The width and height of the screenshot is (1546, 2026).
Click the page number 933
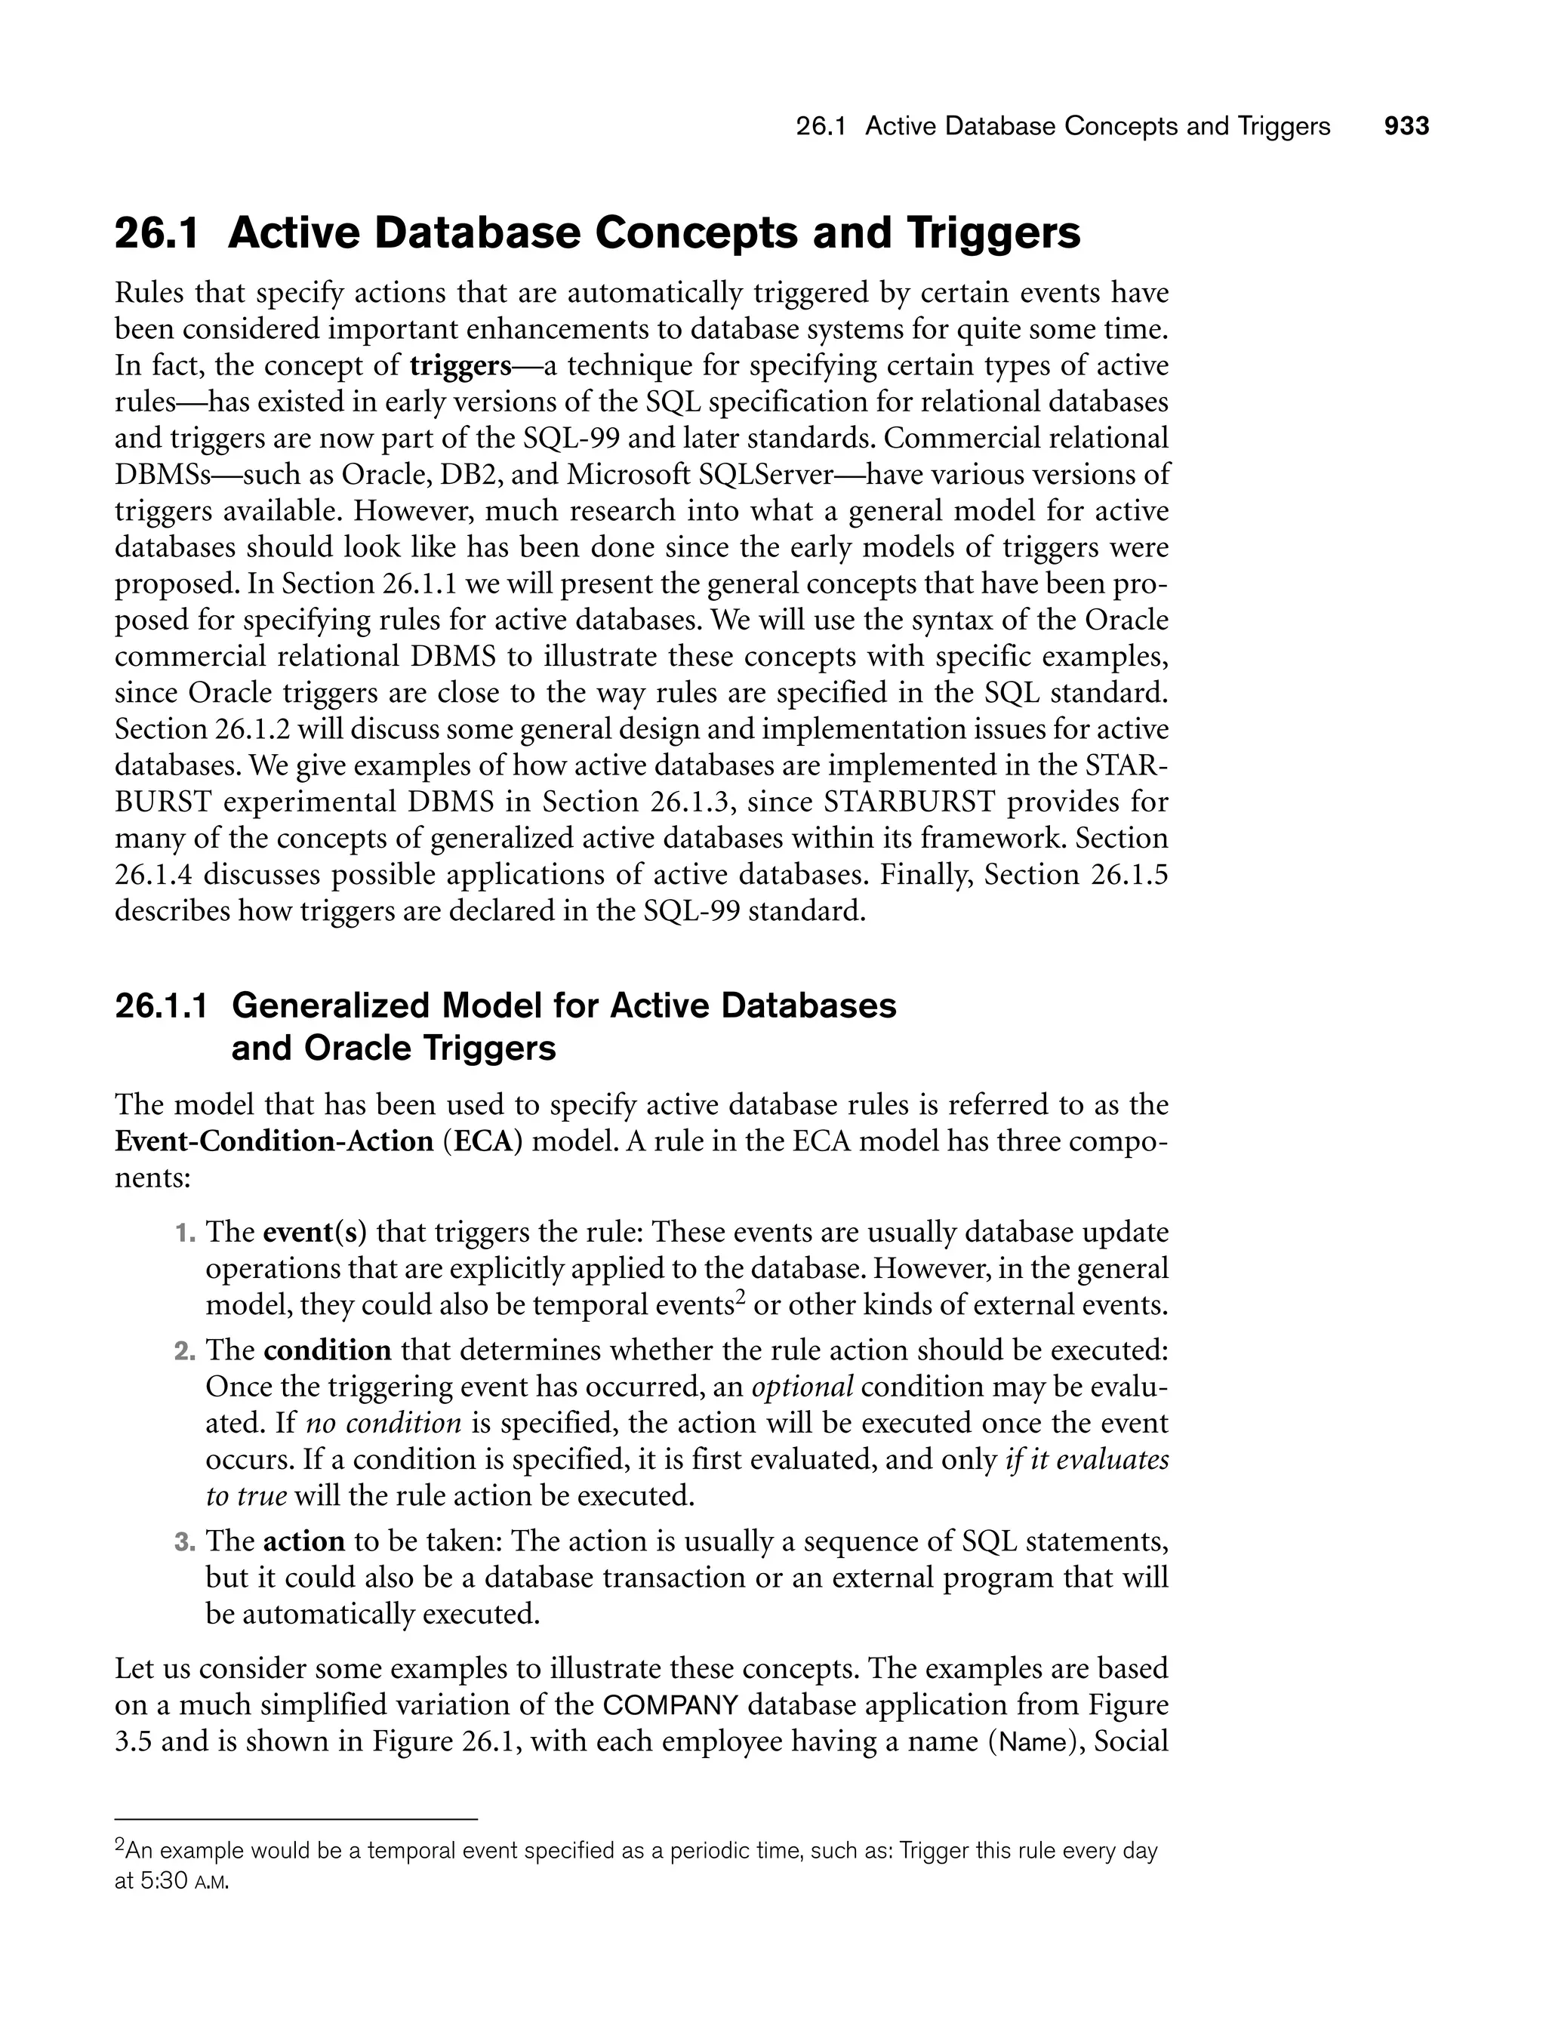tap(1406, 127)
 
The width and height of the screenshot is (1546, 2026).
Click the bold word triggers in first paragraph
tap(460, 366)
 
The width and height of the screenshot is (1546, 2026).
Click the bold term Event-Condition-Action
tap(274, 1141)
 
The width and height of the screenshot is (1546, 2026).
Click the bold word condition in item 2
tap(328, 1350)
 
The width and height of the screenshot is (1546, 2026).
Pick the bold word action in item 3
tap(303, 1541)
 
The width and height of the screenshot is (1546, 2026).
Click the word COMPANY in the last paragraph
tap(671, 1706)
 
